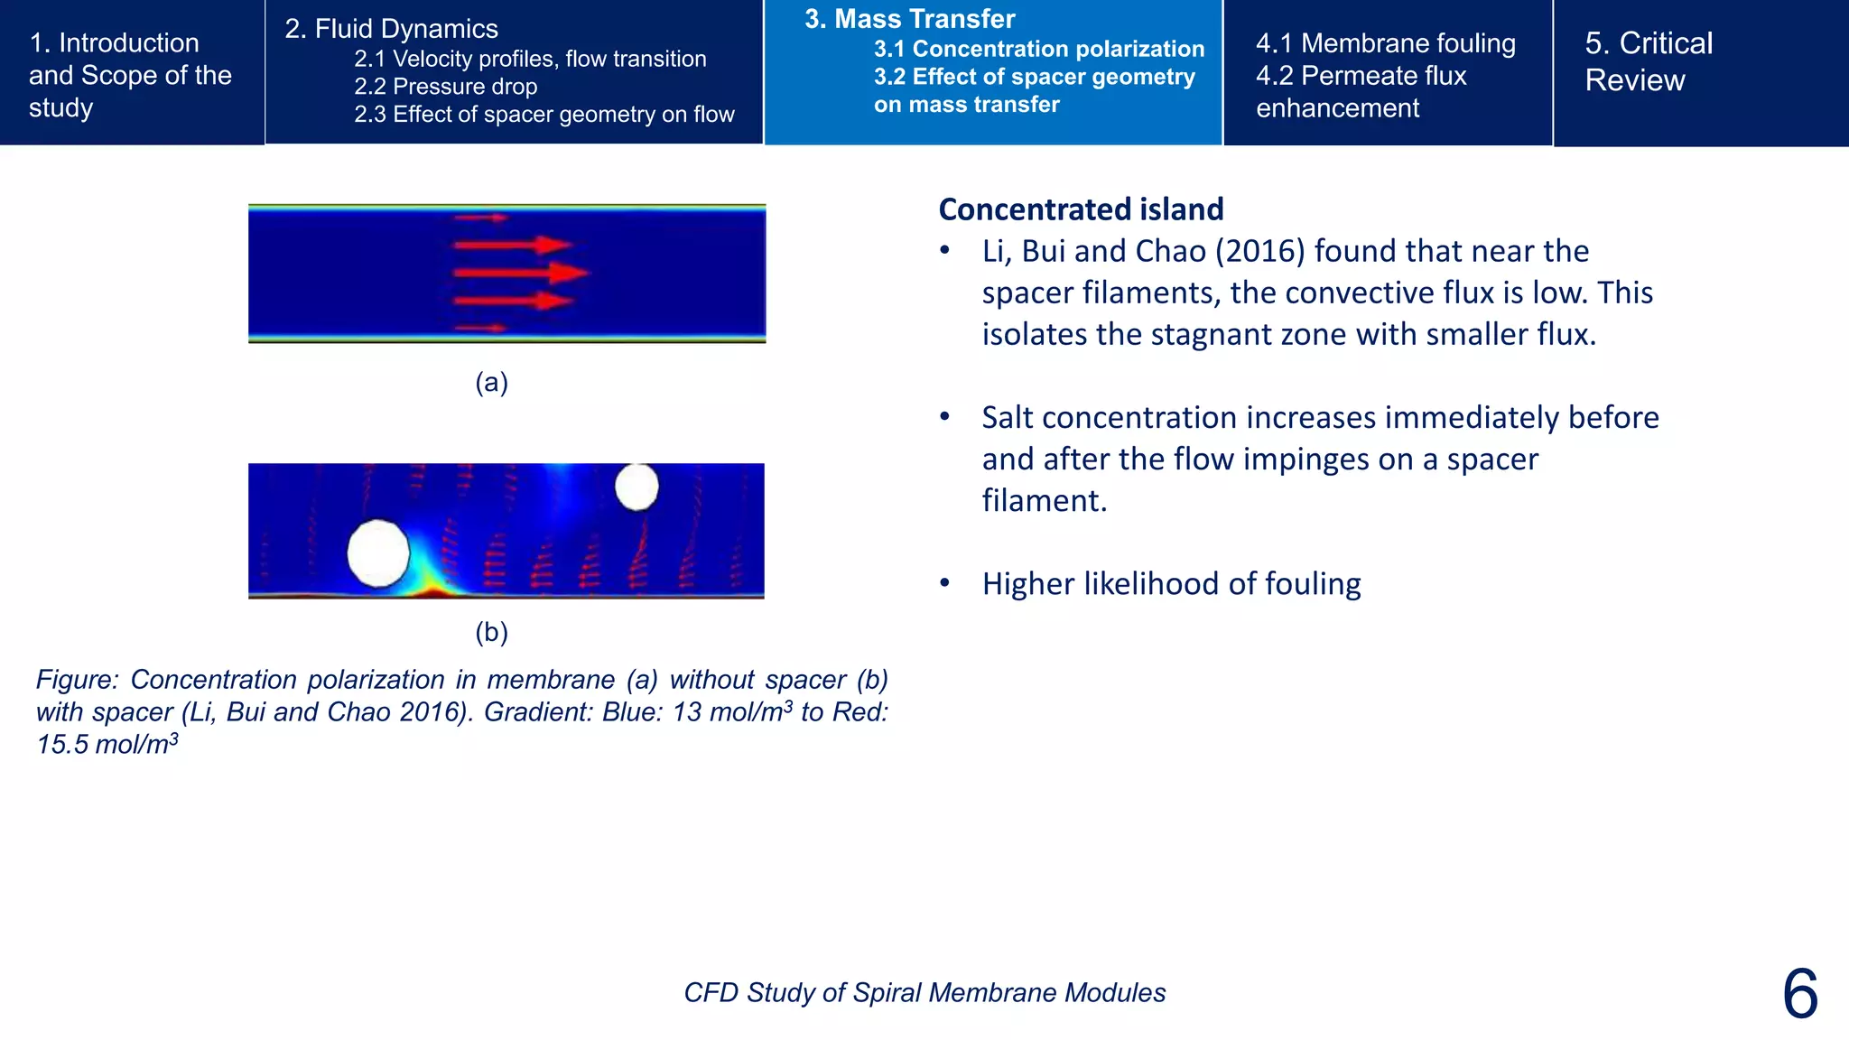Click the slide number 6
coord(1799,994)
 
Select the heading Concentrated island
coord(1081,209)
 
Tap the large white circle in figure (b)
coord(378,553)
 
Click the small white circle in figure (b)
coord(636,487)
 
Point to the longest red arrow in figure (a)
coord(521,272)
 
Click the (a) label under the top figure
coord(491,383)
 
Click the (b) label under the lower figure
coord(491,632)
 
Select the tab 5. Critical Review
coord(1648,61)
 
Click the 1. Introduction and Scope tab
coord(130,75)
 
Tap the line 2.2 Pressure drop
coord(445,87)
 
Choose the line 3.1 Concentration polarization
coord(1038,49)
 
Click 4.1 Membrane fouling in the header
coord(1385,43)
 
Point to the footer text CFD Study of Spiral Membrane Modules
coord(924,992)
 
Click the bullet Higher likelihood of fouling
coord(1171,584)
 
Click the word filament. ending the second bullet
coord(1044,500)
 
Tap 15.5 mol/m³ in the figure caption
coord(107,745)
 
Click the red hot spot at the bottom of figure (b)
coord(435,591)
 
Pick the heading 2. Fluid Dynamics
coord(391,29)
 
